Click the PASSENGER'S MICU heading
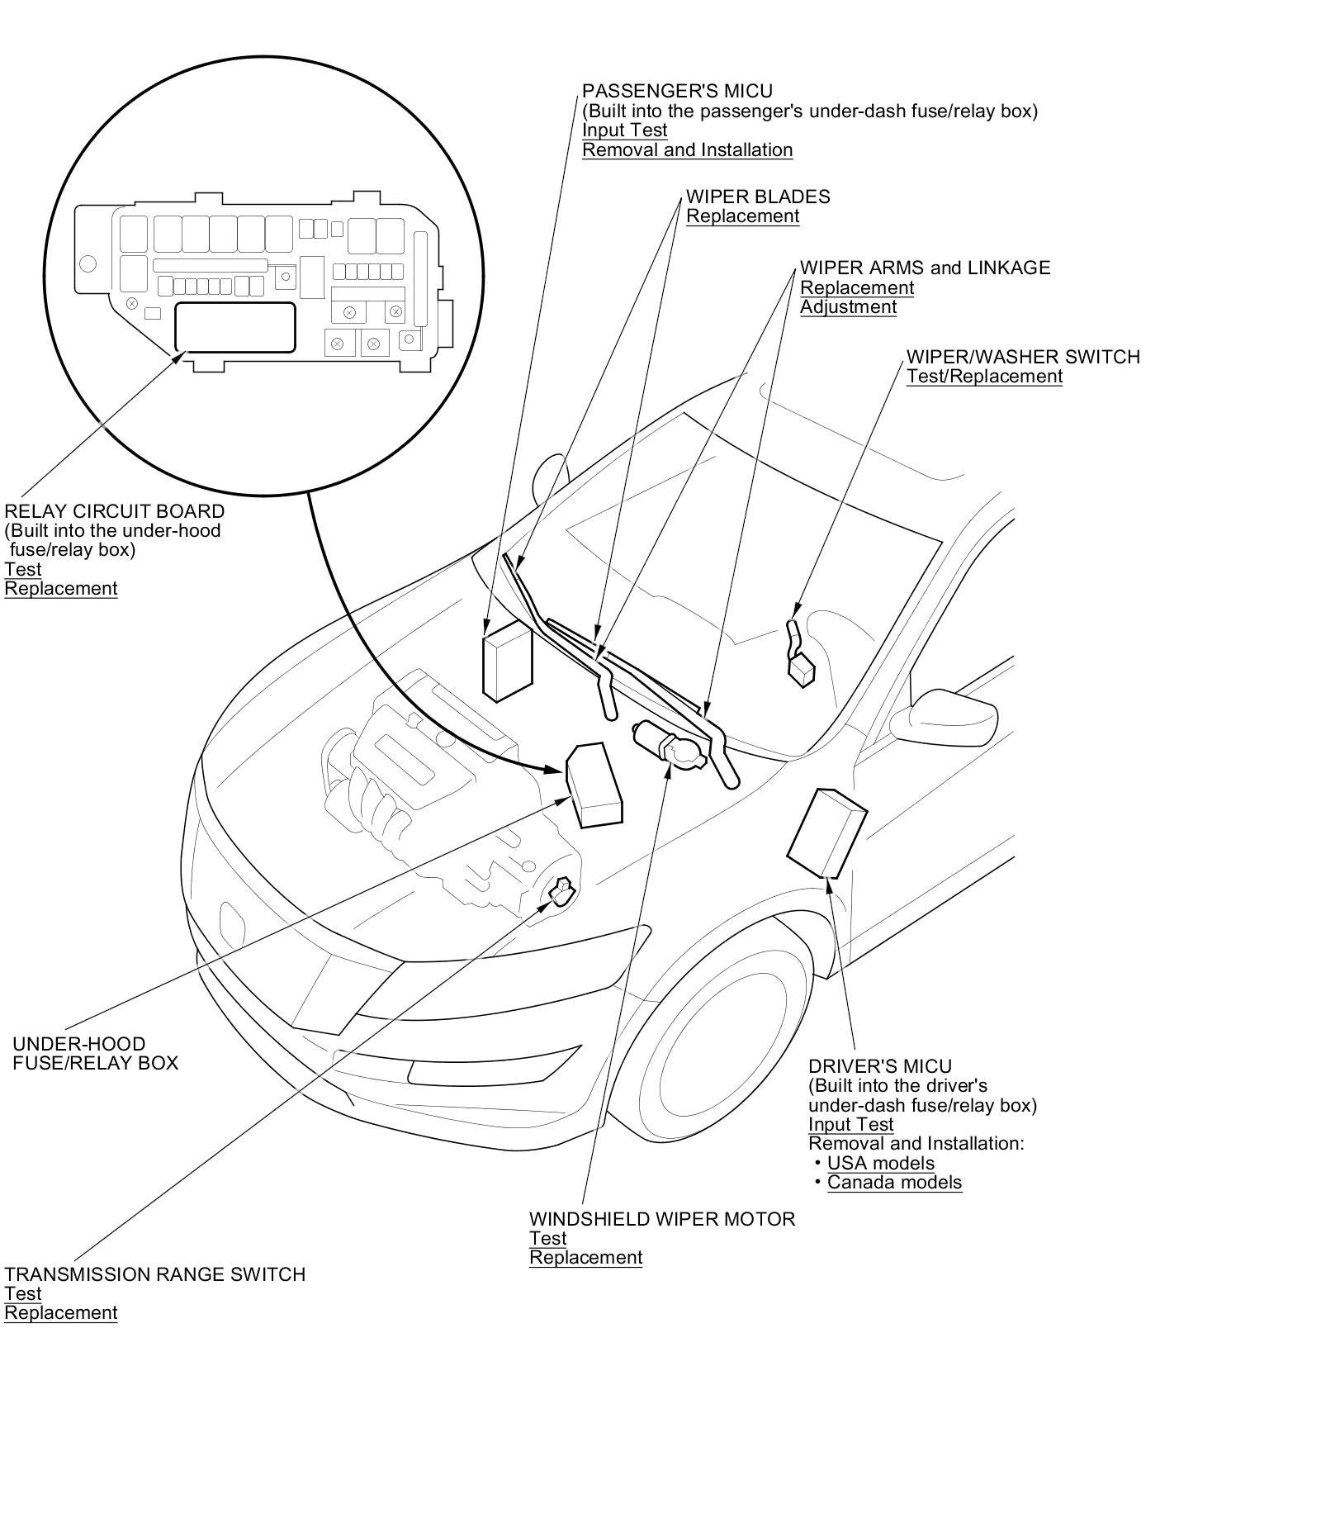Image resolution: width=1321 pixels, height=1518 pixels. (x=677, y=91)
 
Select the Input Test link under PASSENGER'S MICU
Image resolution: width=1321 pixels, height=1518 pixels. (x=624, y=130)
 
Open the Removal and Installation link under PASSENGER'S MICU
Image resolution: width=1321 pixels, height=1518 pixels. (x=687, y=149)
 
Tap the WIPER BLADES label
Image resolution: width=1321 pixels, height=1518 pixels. (x=758, y=197)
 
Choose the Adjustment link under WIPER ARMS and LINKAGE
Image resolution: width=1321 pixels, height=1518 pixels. (x=848, y=306)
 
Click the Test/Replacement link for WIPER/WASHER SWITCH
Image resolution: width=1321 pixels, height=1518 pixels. (x=984, y=376)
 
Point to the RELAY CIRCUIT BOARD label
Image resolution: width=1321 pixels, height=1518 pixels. (x=114, y=511)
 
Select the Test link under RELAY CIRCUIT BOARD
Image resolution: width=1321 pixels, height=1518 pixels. (x=22, y=569)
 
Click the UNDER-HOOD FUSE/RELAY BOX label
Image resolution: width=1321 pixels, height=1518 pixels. (x=95, y=1053)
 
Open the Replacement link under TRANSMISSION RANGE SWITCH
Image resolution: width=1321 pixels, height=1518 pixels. (x=60, y=1312)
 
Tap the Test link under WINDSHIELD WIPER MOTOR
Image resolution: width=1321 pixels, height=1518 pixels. (x=547, y=1238)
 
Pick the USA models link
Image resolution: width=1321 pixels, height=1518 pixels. (x=880, y=1163)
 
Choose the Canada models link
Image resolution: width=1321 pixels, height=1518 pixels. (x=894, y=1182)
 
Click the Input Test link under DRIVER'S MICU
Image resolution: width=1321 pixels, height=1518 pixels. (x=850, y=1124)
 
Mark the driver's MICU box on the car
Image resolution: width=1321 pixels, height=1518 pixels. (x=826, y=832)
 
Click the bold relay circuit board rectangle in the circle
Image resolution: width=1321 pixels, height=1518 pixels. (x=234, y=327)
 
